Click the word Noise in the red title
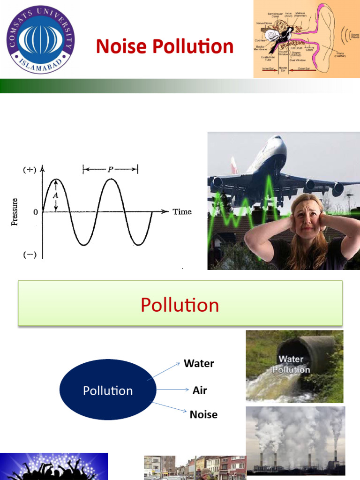click(120, 47)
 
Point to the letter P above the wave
click(111, 169)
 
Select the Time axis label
click(182, 212)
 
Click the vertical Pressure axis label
click(15, 212)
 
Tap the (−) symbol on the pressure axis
click(29, 255)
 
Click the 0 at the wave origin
click(35, 212)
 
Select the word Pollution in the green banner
click(180, 305)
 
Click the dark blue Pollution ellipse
click(108, 390)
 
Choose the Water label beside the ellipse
click(199, 363)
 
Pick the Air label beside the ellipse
click(200, 390)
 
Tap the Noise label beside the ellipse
click(203, 415)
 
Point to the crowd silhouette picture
click(54, 466)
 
